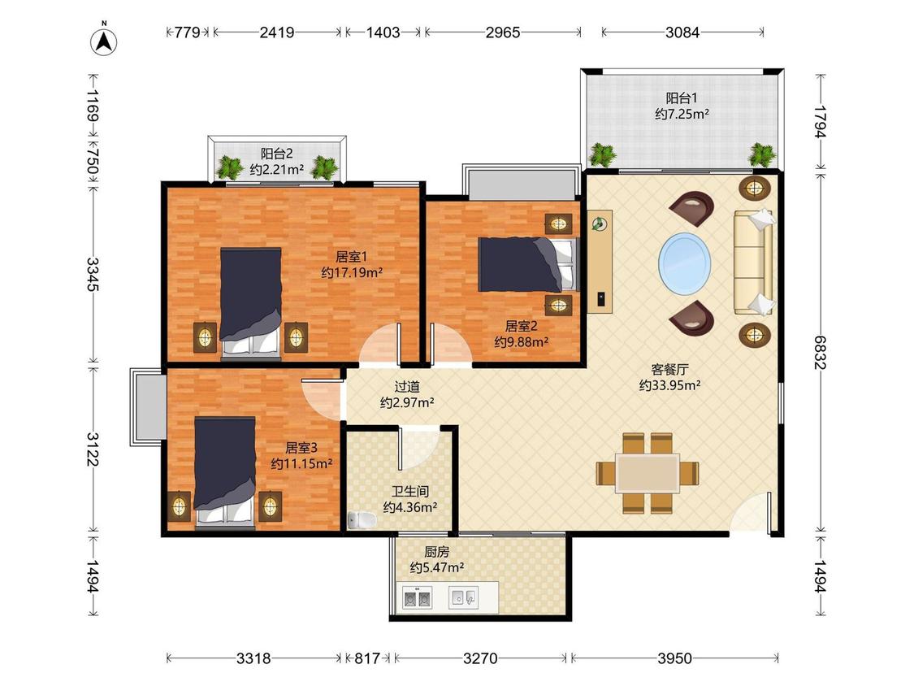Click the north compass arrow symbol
coord(104,41)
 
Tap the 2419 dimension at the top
coord(277,32)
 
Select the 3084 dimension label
coord(682,32)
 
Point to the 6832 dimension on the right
coord(821,352)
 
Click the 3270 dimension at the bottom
coord(480,658)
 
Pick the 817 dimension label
coord(368,658)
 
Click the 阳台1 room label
coord(682,98)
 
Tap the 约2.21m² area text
coord(277,170)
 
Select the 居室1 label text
coord(351,256)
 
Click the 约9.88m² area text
coord(521,342)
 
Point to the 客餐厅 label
coord(669,369)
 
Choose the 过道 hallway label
coord(407,387)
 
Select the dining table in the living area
coord(648,473)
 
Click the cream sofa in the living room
coord(753,263)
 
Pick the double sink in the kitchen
coord(418,598)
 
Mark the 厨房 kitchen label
coord(436,552)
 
